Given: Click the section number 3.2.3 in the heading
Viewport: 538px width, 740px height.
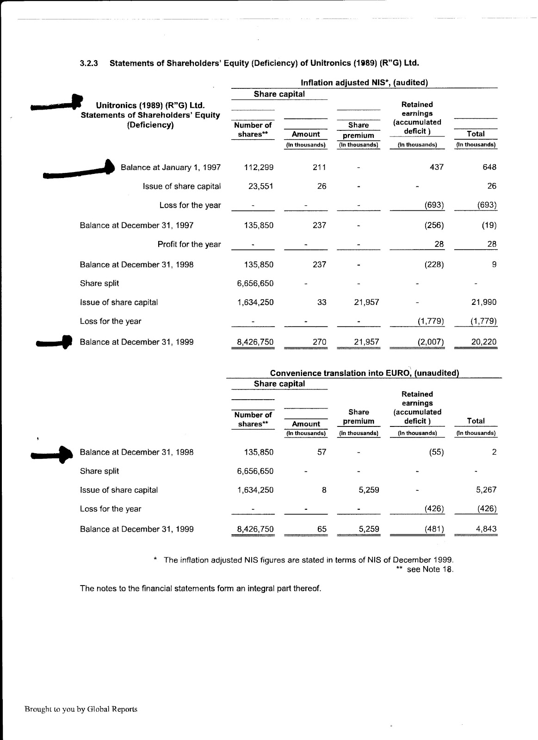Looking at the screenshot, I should (x=89, y=63).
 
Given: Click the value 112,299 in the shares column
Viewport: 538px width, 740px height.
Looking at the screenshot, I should (x=259, y=167).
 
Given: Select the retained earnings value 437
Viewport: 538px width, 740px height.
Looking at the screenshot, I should (x=436, y=167).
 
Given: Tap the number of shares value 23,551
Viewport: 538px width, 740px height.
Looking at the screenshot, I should (x=261, y=186).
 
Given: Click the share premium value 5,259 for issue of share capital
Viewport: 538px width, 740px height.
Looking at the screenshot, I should (x=369, y=490).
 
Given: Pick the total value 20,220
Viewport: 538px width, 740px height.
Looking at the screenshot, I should (x=483, y=342).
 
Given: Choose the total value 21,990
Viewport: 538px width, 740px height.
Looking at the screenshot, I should (x=483, y=302).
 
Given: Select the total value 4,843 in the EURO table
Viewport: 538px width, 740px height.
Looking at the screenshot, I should (x=486, y=529).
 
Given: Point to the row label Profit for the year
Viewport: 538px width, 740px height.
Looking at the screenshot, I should (x=189, y=244).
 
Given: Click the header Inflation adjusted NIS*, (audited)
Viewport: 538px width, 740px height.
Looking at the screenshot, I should (x=364, y=82).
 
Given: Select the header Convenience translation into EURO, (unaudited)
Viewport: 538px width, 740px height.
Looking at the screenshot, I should (x=364, y=373).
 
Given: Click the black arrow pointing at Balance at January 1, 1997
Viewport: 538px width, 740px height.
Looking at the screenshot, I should (x=79, y=170).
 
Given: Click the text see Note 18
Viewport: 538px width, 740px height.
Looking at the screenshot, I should (x=430, y=569).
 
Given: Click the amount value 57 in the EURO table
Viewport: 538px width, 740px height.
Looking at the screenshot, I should (x=322, y=452).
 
